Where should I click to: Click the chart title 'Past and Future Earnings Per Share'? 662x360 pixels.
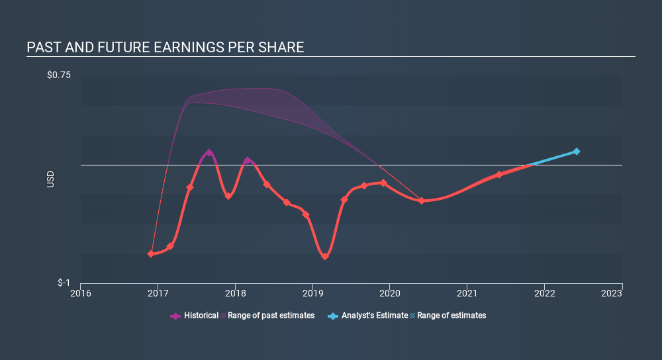click(x=165, y=48)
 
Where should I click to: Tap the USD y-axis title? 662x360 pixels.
click(x=51, y=179)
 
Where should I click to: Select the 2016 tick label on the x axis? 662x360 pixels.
click(x=81, y=293)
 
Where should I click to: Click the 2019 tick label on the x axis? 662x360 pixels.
click(x=312, y=293)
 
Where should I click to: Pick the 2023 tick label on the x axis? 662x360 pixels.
click(x=622, y=293)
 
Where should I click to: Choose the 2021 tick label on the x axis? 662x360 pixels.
click(x=467, y=293)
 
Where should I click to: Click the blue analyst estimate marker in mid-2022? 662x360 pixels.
click(x=577, y=152)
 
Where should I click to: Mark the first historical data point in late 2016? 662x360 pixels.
click(x=151, y=253)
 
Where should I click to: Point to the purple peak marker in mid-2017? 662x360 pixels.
click(x=209, y=153)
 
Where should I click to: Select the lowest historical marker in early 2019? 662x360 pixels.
click(x=325, y=256)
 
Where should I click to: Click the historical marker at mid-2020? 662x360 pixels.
click(x=422, y=201)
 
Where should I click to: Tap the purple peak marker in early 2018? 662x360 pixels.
click(x=248, y=160)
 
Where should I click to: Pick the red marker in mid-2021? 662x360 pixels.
click(x=499, y=175)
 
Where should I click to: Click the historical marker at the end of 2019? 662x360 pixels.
click(x=383, y=183)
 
